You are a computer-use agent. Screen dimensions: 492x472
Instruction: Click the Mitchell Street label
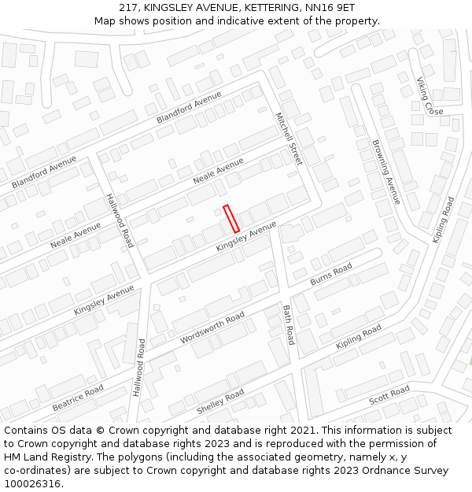coord(288,138)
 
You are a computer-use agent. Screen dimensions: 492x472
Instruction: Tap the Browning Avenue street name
coord(386,172)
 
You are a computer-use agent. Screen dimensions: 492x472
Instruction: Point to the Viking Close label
coord(430,96)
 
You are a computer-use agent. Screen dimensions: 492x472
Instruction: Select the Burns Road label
coord(331,275)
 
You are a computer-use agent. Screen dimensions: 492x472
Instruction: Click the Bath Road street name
coord(288,324)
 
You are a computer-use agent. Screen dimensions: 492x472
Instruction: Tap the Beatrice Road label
coord(78,398)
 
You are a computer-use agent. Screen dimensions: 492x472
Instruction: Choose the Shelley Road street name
coord(220,402)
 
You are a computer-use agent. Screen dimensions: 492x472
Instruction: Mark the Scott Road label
coord(389,395)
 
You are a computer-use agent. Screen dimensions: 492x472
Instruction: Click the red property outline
coord(231,218)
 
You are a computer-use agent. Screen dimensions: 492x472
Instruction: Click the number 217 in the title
coord(130,7)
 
